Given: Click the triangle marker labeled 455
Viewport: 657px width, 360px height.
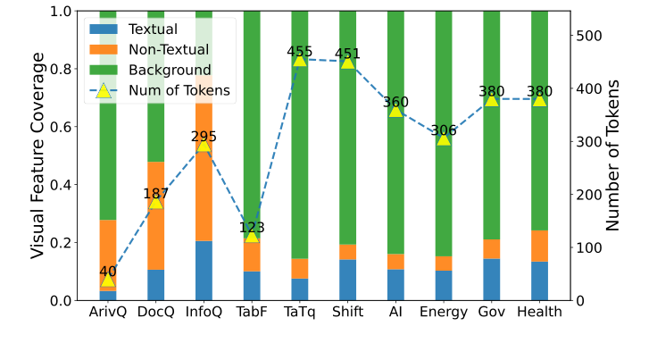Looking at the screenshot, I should coord(300,59).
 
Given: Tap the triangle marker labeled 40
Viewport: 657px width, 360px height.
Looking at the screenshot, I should coord(108,279).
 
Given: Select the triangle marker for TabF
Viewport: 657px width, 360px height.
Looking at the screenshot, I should coord(252,235).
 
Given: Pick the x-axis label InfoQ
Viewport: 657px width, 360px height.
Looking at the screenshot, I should coord(204,312).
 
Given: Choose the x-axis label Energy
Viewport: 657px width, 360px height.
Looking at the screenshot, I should coord(444,312).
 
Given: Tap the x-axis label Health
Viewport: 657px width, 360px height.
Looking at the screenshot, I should coord(539,312).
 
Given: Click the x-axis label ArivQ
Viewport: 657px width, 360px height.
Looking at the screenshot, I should coord(108,312).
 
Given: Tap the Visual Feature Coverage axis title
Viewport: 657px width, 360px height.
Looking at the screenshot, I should coord(37,155).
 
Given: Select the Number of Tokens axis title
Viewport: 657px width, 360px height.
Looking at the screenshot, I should coord(613,155).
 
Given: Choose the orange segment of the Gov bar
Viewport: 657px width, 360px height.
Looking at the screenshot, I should coord(492,249).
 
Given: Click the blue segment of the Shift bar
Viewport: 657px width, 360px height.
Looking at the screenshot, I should coord(348,280).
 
